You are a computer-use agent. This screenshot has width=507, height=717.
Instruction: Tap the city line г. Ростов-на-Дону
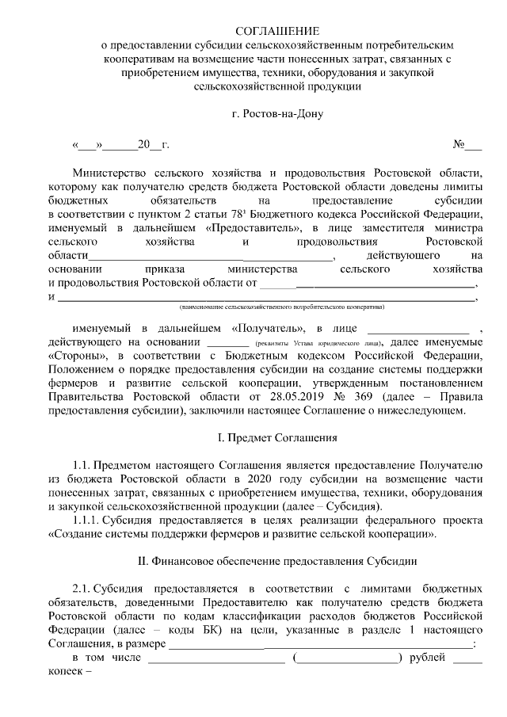point(277,114)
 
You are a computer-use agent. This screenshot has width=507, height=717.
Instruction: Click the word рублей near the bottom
point(428,658)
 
